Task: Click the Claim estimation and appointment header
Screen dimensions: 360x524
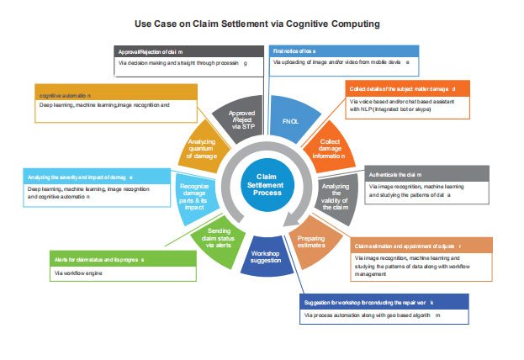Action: [421, 245]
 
